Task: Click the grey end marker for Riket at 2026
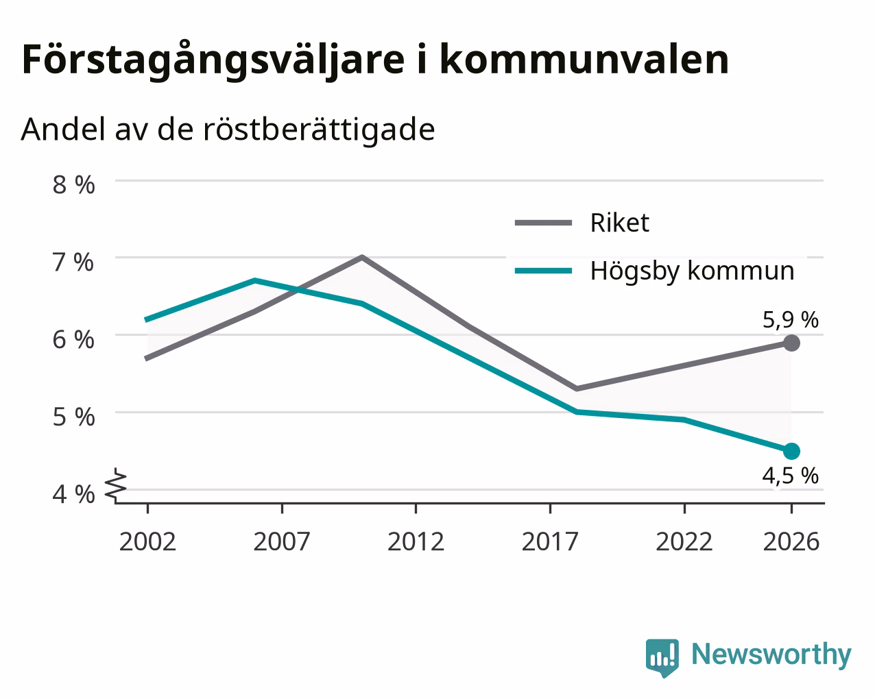coord(791,343)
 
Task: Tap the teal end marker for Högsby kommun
coord(791,451)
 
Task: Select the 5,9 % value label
coord(790,320)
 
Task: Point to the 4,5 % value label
coord(790,476)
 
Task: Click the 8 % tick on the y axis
coord(73,185)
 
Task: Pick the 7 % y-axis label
coord(73,262)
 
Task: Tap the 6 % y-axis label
coord(73,340)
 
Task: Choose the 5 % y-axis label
coord(73,417)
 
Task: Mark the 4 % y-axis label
coord(73,495)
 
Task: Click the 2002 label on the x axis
coord(147,541)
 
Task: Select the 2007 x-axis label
coord(282,541)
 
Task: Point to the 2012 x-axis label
coord(416,541)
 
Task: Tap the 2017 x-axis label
coord(550,541)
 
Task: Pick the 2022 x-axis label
coord(684,541)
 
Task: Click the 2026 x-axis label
coord(791,541)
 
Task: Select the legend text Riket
coord(620,223)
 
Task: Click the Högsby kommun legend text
coord(693,271)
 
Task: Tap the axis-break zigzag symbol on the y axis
coord(115,485)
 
